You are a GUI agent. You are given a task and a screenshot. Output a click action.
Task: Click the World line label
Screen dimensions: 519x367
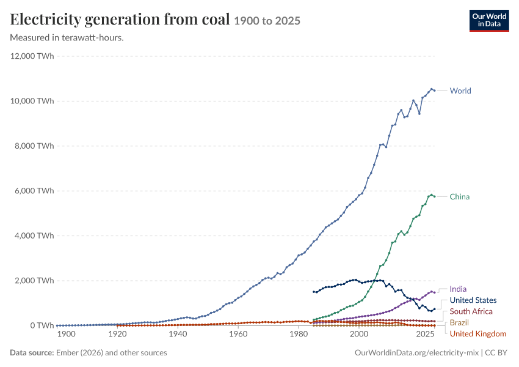coord(460,91)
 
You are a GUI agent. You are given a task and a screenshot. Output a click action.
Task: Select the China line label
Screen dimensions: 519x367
coord(459,197)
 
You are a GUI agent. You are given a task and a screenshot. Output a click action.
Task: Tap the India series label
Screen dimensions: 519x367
coord(458,289)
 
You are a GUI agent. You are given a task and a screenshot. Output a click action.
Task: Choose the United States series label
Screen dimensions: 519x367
coord(473,300)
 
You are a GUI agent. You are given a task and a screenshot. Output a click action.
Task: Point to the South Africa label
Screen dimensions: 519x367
coord(471,311)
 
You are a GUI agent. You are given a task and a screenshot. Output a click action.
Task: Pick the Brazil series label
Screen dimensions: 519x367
coord(459,323)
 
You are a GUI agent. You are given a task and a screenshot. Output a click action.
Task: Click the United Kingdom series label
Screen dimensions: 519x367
coord(478,334)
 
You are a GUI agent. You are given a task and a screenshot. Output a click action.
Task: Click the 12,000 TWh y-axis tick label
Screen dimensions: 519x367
coord(32,56)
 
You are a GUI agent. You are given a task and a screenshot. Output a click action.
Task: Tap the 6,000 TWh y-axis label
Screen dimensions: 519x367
coord(34,191)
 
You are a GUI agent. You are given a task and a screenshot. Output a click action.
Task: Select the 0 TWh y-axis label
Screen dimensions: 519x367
coord(42,325)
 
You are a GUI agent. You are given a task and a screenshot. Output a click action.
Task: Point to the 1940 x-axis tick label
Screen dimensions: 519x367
coord(178,334)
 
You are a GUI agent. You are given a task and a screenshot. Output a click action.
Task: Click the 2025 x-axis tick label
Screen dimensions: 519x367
coord(426,334)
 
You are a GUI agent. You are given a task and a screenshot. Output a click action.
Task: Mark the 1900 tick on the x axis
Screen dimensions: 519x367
coord(66,334)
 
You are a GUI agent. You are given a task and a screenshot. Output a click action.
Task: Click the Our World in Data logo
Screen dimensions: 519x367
coord(489,21)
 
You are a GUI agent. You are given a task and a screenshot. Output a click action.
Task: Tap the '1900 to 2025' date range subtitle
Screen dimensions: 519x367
coord(267,21)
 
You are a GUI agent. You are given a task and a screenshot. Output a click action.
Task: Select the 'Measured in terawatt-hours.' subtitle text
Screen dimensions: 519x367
coord(67,38)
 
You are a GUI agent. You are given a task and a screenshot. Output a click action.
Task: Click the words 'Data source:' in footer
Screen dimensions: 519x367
coord(32,353)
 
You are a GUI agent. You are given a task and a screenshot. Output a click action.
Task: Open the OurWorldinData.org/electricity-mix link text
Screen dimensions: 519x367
coord(416,353)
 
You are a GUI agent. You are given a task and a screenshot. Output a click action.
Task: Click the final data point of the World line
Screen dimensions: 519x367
coord(434,91)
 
